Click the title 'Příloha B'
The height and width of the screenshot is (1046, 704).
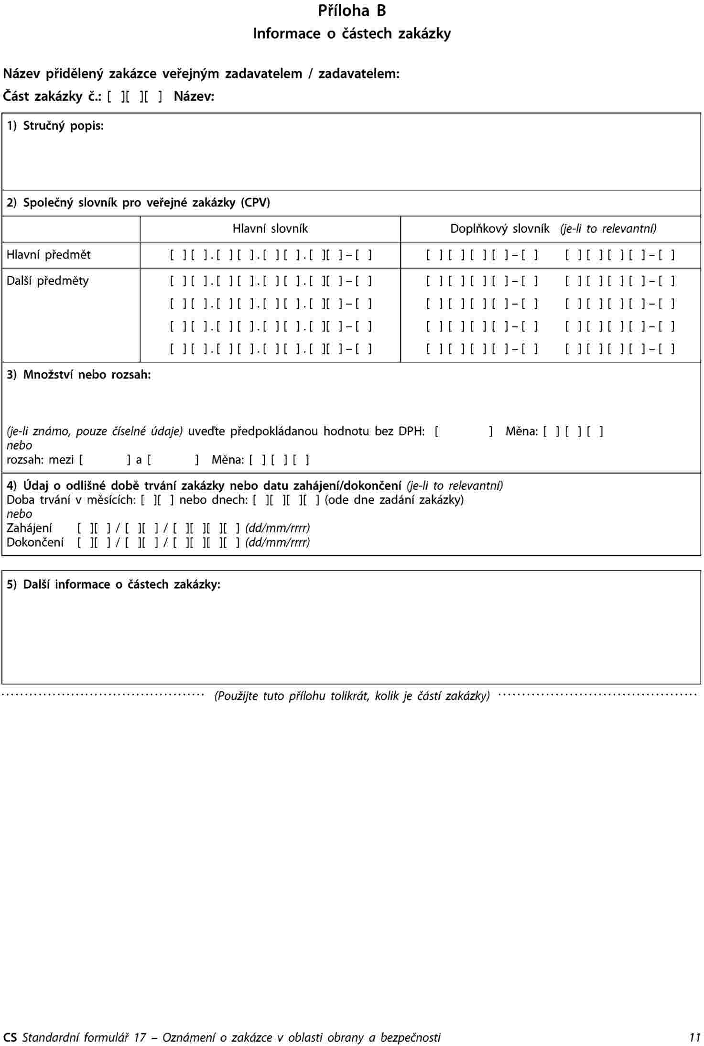point(352,11)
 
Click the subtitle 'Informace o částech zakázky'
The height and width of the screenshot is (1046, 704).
point(352,34)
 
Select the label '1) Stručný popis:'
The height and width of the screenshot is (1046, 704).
point(55,126)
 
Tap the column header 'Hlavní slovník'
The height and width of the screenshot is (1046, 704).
point(270,229)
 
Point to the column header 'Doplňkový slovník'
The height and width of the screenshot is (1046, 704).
point(499,229)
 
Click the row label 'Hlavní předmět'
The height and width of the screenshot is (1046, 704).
point(48,255)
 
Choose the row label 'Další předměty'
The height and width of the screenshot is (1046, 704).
point(47,280)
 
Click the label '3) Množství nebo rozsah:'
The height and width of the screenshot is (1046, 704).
point(78,375)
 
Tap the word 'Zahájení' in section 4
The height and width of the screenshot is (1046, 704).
point(29,528)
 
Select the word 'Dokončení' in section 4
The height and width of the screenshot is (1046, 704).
point(35,542)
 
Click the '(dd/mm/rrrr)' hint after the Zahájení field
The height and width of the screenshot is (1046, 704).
point(278,528)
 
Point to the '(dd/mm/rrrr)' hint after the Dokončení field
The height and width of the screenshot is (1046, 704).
point(278,542)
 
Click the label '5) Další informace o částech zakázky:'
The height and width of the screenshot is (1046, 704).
point(113,584)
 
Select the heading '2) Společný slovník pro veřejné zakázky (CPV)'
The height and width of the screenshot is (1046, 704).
point(138,203)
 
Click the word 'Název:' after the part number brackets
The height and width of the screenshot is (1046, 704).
point(194,97)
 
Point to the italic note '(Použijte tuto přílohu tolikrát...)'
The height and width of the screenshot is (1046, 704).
point(352,696)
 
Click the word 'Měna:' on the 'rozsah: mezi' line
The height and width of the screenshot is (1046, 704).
point(227,460)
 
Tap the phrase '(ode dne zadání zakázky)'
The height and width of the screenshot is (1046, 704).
point(394,500)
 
